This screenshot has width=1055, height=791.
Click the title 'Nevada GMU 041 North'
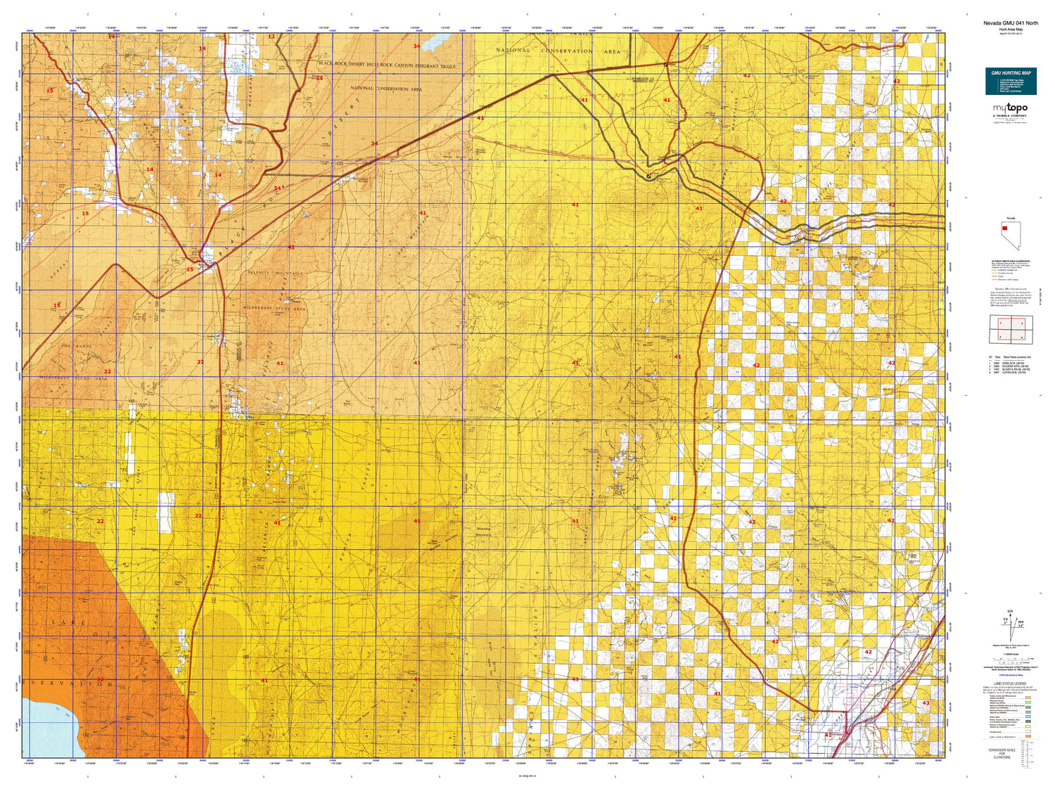1010,23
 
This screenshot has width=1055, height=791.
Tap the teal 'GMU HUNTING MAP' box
1011,82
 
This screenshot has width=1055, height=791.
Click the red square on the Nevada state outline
1005,228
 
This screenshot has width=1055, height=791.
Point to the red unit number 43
926,703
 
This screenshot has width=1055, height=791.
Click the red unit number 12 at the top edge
271,37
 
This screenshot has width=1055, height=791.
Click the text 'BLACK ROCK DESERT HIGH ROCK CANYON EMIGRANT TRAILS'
387,65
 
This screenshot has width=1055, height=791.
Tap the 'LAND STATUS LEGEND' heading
1010,683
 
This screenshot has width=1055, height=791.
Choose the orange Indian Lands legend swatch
1028,736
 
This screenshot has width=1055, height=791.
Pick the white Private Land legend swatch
1028,731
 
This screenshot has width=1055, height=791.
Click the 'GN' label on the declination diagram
1010,611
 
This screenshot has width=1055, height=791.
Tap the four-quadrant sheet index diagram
1011,329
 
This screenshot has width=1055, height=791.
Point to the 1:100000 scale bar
1010,661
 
